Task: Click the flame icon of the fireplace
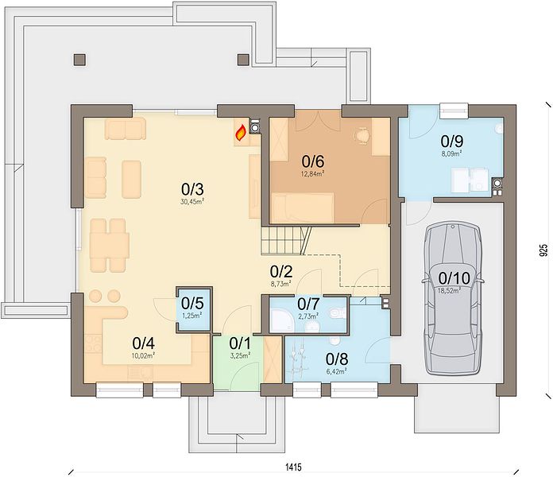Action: coord(241,133)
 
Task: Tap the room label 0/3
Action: coord(192,189)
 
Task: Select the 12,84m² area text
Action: coord(313,173)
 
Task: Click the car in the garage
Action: coord(453,298)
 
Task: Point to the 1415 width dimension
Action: coord(293,467)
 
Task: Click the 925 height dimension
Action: coord(544,250)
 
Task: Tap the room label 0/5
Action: coord(192,303)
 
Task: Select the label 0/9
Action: coord(452,142)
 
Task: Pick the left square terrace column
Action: coord(79,60)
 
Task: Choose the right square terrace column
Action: coord(243,60)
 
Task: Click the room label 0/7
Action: coord(308,304)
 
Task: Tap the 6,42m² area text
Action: coord(336,371)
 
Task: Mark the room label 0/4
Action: coord(144,343)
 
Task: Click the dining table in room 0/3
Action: coord(110,246)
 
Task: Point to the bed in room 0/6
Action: coord(302,207)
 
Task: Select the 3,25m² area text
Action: coord(240,356)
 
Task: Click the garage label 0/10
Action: coord(454,278)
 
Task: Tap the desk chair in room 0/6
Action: coord(362,135)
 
